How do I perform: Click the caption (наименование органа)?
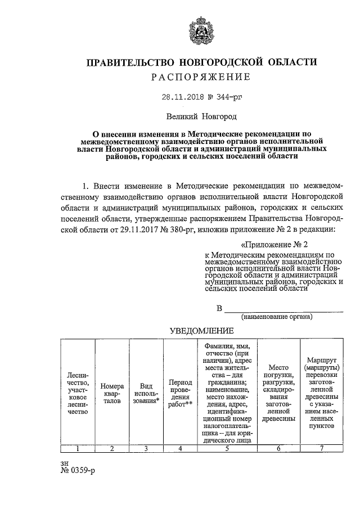[277, 317]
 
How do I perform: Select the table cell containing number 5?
[227, 448]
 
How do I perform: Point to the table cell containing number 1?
[78, 448]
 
